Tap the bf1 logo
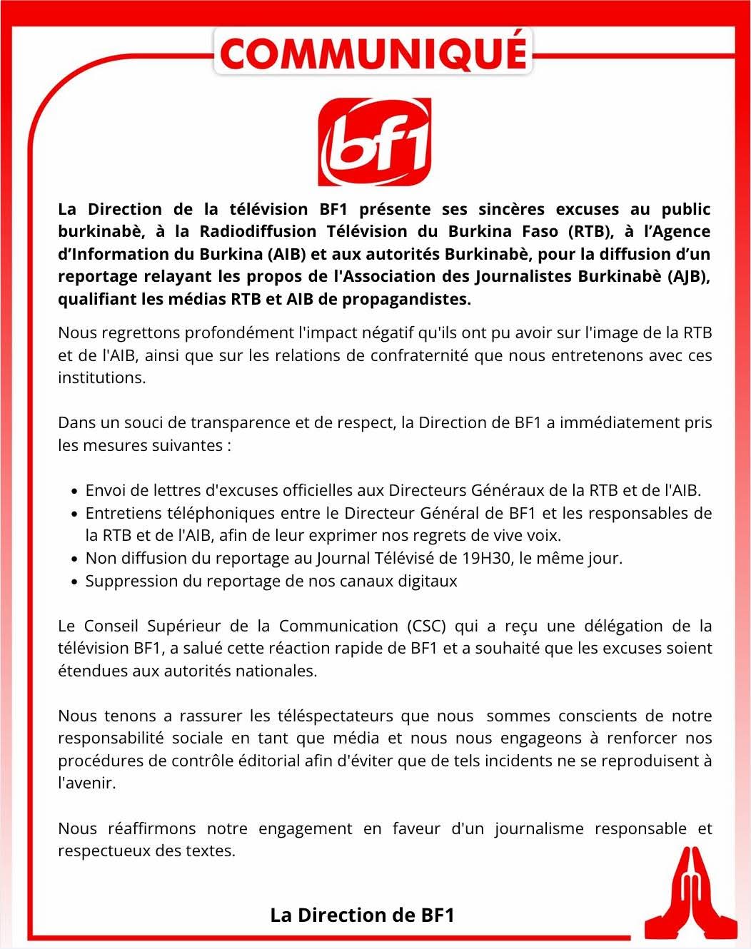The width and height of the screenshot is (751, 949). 374,143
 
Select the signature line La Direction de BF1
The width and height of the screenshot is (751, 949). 362,915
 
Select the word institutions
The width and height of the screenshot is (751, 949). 101,377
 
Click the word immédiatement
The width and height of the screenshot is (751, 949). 619,422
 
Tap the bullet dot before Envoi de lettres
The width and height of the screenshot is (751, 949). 75,492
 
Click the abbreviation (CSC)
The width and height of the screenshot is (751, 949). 427,626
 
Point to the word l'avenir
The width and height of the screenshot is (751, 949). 86,783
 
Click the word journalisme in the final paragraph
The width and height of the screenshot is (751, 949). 540,828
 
